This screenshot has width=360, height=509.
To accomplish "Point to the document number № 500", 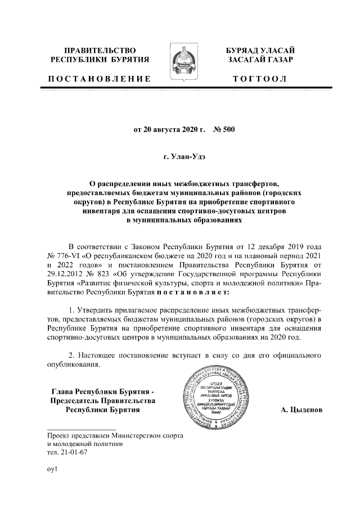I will (224, 129).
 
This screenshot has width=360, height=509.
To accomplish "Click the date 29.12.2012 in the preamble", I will (64, 274).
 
